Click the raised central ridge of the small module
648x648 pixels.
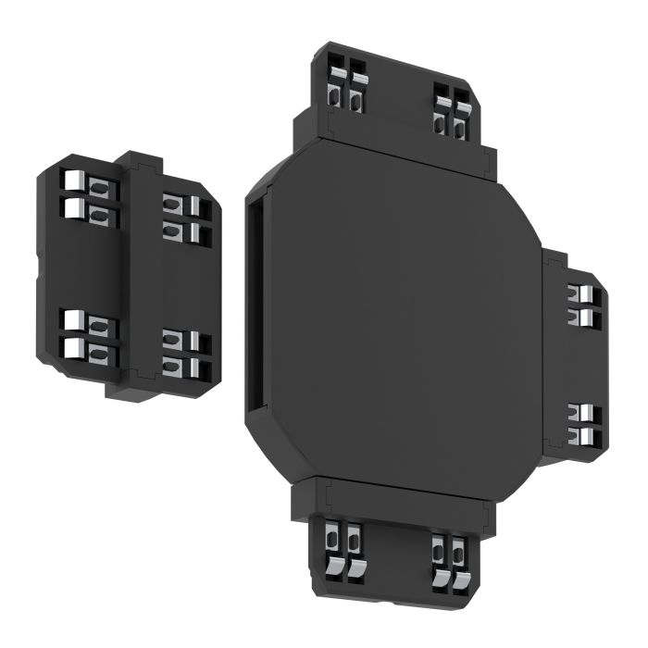(139, 278)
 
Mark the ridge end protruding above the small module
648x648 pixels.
(140, 158)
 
